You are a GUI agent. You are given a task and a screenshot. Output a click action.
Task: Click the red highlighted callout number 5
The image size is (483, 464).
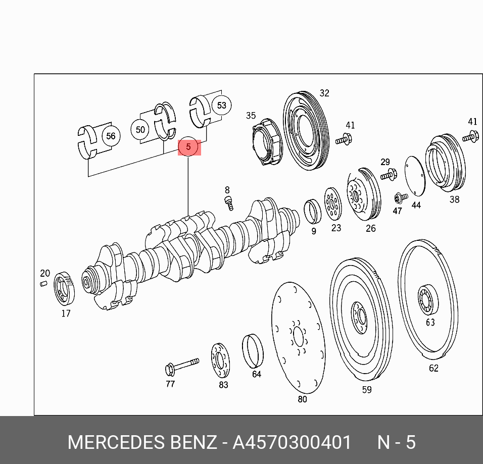tap(189, 147)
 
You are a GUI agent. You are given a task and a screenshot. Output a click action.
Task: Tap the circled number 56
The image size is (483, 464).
tap(111, 136)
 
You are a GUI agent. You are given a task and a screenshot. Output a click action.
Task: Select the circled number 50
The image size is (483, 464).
tap(140, 130)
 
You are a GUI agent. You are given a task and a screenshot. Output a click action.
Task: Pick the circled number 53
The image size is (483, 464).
tap(222, 106)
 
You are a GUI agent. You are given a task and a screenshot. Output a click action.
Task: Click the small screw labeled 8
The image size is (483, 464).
tap(229, 203)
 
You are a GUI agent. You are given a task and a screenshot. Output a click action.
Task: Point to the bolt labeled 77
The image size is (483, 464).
tap(182, 367)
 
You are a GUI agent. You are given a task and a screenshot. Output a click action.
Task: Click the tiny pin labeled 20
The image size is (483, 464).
tap(44, 283)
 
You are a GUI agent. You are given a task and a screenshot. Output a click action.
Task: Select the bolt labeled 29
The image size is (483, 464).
tap(389, 175)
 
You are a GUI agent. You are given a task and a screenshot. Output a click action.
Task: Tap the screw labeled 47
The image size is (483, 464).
tap(401, 198)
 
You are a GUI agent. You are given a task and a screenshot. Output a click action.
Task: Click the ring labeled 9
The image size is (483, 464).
tap(312, 211)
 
